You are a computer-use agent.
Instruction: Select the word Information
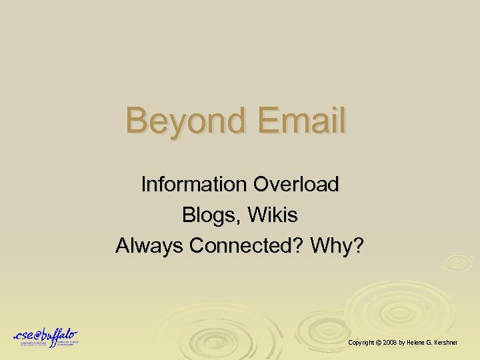(x=193, y=184)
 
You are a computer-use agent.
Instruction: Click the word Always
(x=149, y=246)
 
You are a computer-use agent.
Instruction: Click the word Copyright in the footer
(x=361, y=342)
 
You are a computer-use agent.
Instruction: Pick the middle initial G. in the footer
(x=431, y=342)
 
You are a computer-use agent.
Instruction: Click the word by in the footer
(x=403, y=342)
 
